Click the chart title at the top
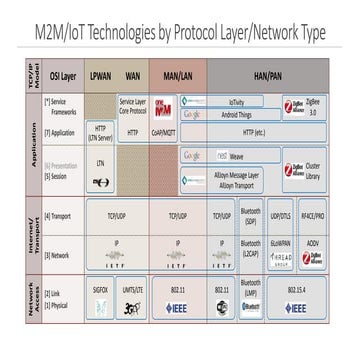[180, 34]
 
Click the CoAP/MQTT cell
[177, 130]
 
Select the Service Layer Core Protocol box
[133, 104]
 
